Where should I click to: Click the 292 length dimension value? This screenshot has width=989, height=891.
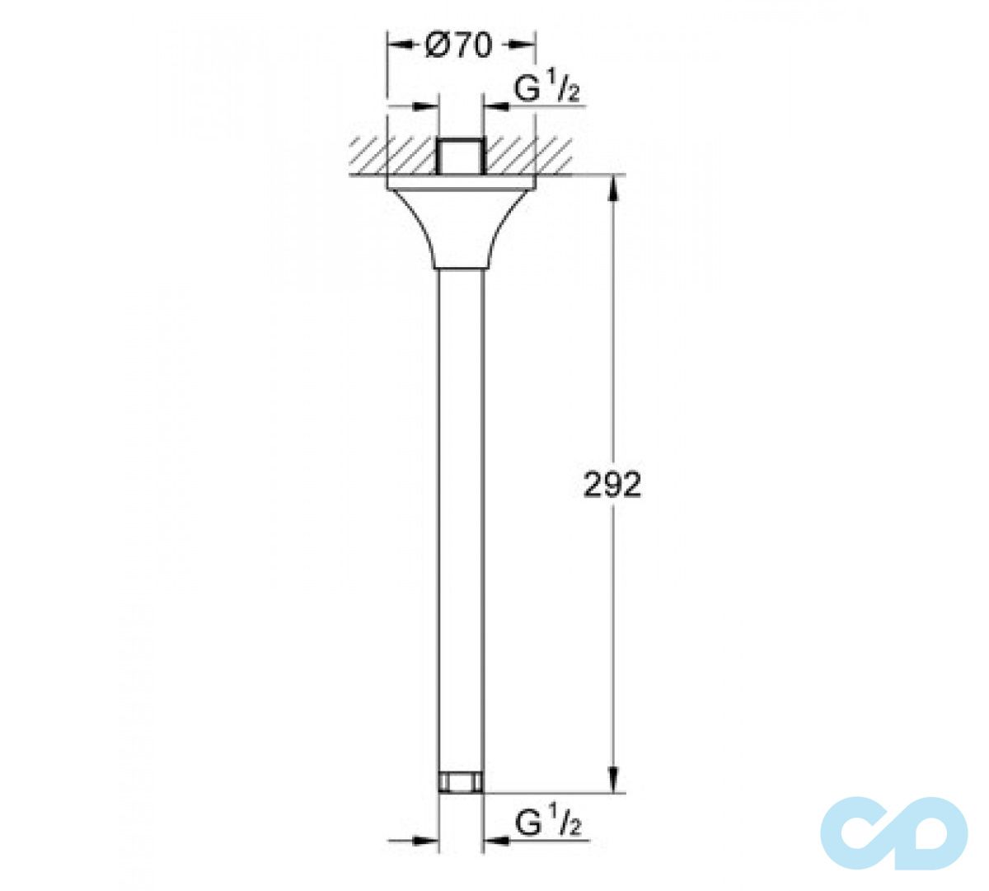click(612, 485)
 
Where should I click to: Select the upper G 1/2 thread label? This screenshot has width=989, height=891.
click(547, 91)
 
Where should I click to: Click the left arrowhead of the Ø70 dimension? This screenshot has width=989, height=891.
click(397, 46)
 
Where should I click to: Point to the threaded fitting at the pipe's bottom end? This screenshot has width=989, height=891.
click(460, 782)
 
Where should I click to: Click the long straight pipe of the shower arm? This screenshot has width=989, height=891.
click(460, 511)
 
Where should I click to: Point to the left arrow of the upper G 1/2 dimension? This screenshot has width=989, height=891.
click(427, 106)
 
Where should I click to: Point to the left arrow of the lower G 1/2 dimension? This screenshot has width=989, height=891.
click(427, 841)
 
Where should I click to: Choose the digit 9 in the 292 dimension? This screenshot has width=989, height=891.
click(612, 485)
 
